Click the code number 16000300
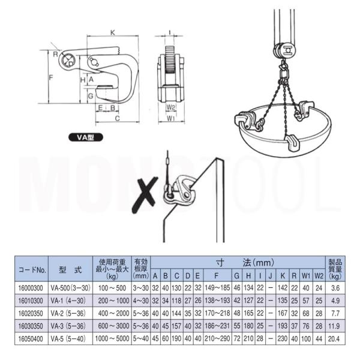click(31, 288)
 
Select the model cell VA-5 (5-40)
click(68, 338)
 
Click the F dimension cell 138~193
click(217, 301)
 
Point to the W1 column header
click(306, 276)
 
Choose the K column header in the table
click(283, 276)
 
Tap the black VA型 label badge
click(86, 137)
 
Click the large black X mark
click(145, 194)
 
